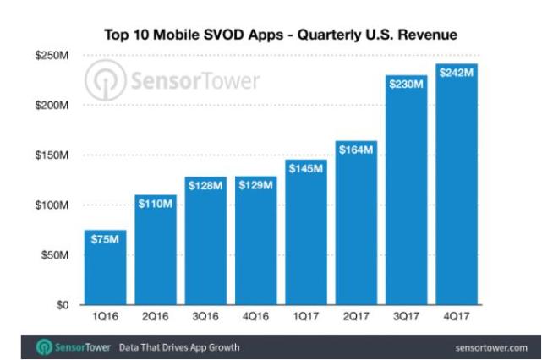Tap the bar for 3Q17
[x=408, y=190]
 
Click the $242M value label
[x=457, y=74]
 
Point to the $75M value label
[x=106, y=241]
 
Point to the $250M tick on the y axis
[x=52, y=55]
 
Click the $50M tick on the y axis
[x=55, y=255]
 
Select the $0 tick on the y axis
[x=63, y=305]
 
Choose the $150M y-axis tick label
[x=52, y=155]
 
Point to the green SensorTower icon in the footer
[x=41, y=347]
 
